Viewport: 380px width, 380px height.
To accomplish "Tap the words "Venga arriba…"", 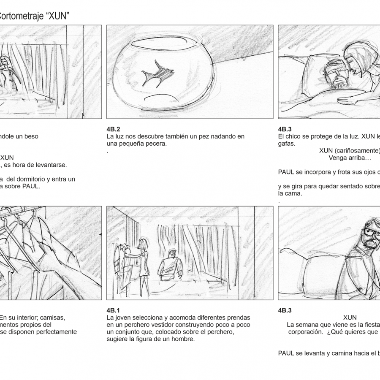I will (x=350, y=158).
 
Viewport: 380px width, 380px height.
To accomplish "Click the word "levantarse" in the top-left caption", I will (x=52, y=165).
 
